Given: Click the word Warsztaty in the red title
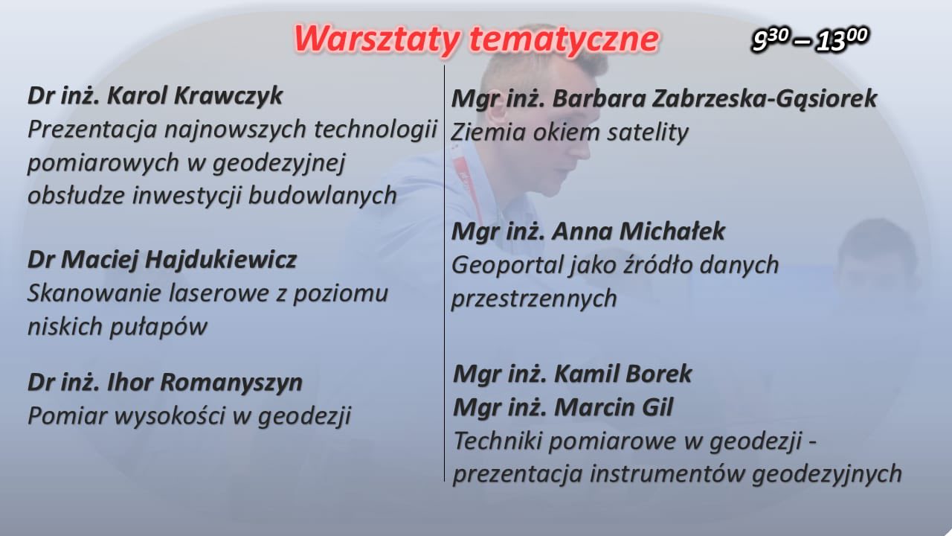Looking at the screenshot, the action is [377, 39].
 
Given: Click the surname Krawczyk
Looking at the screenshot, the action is [228, 95].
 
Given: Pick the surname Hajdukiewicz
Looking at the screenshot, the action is [221, 260].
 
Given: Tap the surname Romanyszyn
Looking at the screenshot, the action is [231, 383].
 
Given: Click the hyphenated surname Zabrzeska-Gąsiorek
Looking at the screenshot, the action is [764, 99].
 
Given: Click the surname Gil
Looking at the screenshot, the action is [657, 407].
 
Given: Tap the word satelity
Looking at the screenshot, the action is [647, 132].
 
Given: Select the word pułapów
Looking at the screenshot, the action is [158, 328].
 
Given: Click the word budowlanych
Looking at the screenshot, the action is [322, 196].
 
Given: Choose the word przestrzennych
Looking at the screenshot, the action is [534, 299].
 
